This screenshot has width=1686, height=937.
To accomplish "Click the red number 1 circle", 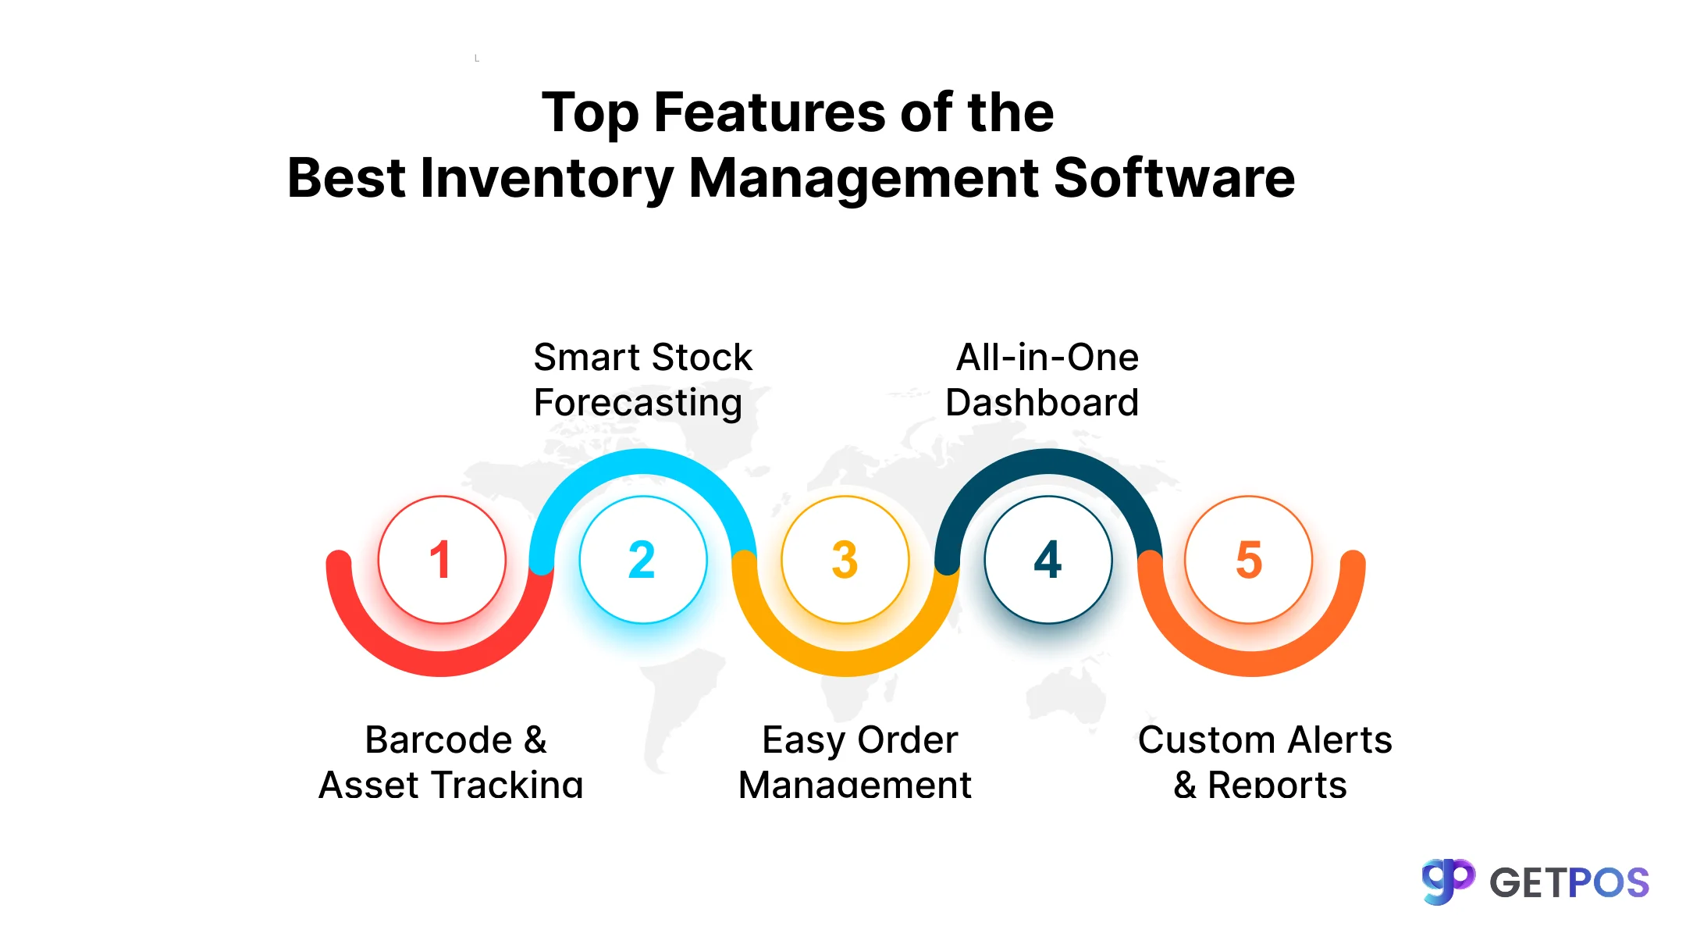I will click(442, 559).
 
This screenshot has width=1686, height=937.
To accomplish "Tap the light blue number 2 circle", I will click(643, 559).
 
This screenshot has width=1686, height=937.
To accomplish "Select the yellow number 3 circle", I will click(845, 559).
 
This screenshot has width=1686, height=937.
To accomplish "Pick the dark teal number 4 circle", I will click(1048, 559).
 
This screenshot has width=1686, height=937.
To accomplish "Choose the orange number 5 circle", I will click(1249, 559).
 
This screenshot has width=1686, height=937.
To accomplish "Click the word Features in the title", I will click(769, 112).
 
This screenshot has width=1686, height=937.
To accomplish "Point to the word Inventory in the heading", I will click(546, 178).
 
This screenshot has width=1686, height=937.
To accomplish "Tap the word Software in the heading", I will click(1174, 178).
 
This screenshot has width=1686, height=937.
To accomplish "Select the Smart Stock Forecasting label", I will click(642, 380).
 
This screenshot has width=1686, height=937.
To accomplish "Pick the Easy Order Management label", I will click(857, 761).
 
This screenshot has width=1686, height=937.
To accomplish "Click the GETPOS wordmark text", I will click(1569, 883).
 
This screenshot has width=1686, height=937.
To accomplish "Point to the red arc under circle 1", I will click(442, 663).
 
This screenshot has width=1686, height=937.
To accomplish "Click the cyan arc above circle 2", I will click(643, 461).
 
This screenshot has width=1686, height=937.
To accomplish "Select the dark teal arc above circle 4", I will click(1048, 461).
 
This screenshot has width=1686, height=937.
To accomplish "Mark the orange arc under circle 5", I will click(1252, 663).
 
